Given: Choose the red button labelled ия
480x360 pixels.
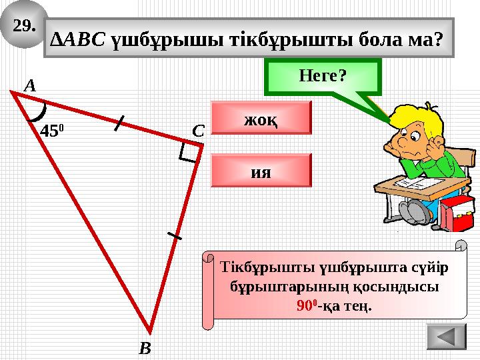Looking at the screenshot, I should (x=261, y=170).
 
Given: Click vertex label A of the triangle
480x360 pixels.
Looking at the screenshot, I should (x=29, y=85).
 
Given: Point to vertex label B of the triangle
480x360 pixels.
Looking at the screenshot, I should (x=145, y=347).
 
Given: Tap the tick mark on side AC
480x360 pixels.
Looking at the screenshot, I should (x=119, y=123).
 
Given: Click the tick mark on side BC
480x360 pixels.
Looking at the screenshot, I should (x=174, y=235).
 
